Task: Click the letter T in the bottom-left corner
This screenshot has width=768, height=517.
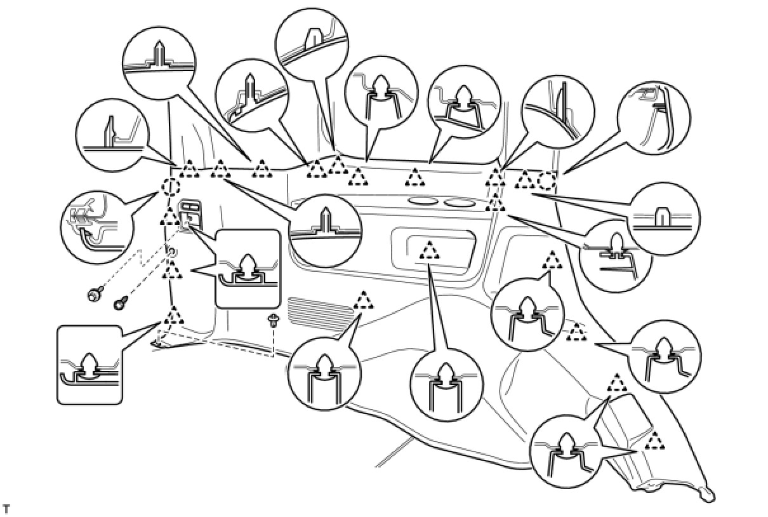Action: click(7, 509)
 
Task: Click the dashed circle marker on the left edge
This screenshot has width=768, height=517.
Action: click(170, 187)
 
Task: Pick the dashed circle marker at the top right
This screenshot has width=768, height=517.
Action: click(547, 181)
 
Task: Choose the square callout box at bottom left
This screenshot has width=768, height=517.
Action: click(89, 365)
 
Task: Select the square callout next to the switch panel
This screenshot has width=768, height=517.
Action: click(248, 269)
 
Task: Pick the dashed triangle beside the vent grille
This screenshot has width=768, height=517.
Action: click(364, 300)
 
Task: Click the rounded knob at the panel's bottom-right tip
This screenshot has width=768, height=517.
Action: click(706, 493)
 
